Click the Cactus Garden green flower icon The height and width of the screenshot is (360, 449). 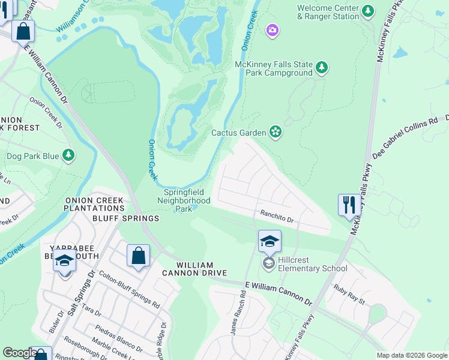276,132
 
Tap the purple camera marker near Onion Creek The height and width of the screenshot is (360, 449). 273,30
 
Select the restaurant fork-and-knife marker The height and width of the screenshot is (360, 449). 348,205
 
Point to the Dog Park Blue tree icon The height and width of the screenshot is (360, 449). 69,156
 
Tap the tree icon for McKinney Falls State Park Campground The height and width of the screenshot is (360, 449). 322,67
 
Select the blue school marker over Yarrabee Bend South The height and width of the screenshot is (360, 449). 64,261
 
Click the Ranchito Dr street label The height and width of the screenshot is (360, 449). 276,217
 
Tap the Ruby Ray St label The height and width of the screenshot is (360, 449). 349,295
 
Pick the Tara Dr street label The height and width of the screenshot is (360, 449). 91,310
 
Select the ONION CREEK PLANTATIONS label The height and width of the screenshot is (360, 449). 94,204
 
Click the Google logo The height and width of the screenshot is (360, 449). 19,353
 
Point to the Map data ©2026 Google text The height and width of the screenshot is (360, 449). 411,355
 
